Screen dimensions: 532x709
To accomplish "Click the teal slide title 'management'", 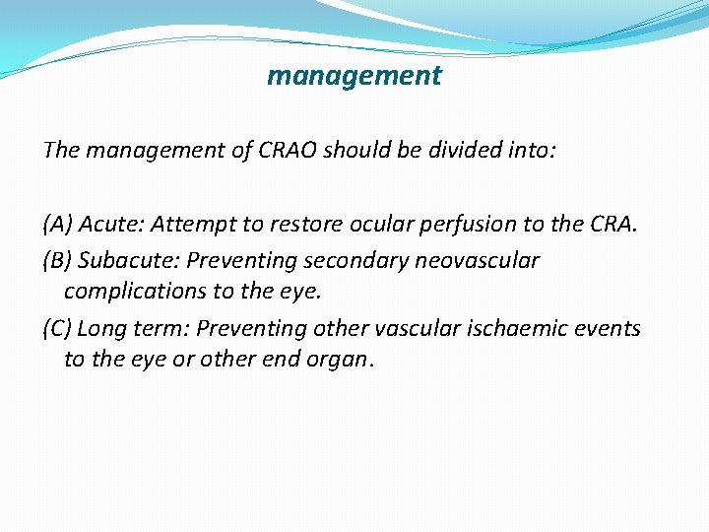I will click(354, 76).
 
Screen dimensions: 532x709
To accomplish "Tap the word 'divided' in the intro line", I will click(469, 150).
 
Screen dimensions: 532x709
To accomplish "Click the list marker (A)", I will click(57, 225).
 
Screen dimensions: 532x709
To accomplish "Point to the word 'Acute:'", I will click(109, 225).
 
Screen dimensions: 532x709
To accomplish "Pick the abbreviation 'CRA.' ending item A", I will click(612, 225).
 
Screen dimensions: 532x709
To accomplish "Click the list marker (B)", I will click(57, 261).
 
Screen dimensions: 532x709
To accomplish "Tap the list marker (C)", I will click(57, 328).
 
